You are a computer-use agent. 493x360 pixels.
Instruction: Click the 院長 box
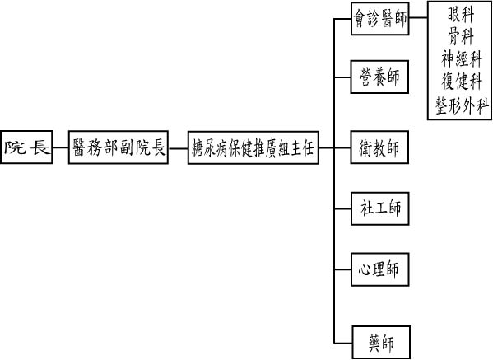[26, 147]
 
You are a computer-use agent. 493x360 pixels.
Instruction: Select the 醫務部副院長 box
[119, 147]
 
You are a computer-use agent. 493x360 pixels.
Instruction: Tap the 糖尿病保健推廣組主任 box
[253, 147]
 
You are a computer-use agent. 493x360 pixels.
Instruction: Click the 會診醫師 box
[379, 18]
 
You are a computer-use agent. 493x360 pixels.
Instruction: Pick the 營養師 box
[379, 77]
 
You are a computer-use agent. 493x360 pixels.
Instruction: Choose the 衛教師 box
[379, 147]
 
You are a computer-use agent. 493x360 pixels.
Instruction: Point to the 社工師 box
[379, 208]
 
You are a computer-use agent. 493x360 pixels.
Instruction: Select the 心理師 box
[379, 269]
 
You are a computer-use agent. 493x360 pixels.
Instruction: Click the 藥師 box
[381, 343]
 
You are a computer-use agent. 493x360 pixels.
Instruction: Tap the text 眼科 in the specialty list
[461, 14]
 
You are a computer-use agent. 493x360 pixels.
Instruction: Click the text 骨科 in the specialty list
[461, 36]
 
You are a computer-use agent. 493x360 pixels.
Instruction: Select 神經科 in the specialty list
[461, 58]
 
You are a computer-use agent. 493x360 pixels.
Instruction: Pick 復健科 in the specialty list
[461, 82]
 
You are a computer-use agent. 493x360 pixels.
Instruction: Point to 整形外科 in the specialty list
[462, 105]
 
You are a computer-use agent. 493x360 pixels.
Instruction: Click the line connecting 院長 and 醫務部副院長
[60, 147]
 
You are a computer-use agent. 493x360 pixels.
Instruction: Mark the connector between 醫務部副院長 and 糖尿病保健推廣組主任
[178, 147]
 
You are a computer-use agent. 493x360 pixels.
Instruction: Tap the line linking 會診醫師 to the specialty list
[418, 17]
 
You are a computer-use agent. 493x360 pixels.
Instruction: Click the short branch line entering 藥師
[343, 343]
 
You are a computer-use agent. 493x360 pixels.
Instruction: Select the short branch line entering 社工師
[342, 208]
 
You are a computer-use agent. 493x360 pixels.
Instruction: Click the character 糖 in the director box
[198, 147]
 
